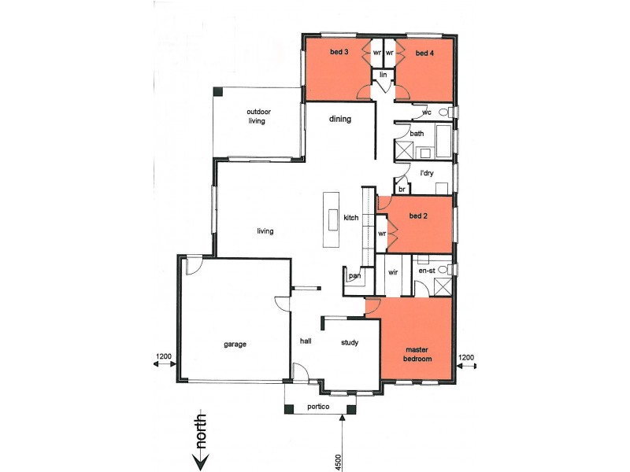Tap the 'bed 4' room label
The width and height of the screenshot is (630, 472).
[424, 53]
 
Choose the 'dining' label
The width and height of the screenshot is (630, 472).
[339, 120]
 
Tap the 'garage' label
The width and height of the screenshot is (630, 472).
[235, 345]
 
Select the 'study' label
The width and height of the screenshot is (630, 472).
[350, 342]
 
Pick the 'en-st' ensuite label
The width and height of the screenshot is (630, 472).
[427, 270]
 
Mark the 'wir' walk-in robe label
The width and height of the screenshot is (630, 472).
[394, 271]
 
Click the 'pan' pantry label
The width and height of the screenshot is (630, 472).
[354, 275]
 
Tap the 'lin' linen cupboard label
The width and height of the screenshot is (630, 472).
[384, 74]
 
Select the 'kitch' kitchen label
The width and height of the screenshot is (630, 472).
[351, 217]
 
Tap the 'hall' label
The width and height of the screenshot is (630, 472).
[306, 341]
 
